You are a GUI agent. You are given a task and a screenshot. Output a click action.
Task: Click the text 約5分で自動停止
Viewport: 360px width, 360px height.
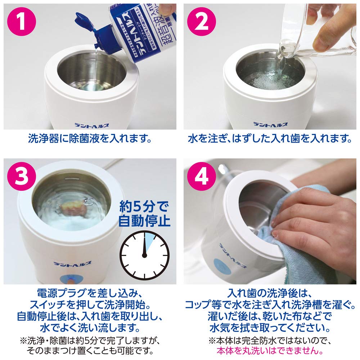pyautogui.click(x=144, y=215)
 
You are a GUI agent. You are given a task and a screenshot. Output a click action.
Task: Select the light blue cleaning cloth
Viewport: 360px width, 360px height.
pyautogui.click(x=288, y=248)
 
